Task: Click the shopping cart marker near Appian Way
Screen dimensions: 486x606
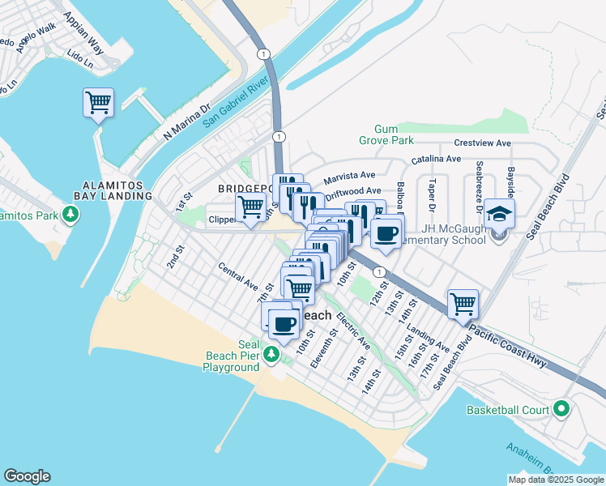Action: [98, 103]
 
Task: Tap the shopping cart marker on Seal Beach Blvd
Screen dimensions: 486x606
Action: [462, 305]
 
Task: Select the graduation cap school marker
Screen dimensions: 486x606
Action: [500, 215]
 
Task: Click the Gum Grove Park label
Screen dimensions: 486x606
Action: [393, 135]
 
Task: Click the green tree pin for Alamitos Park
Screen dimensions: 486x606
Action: [72, 214]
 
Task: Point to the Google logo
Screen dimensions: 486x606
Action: [27, 476]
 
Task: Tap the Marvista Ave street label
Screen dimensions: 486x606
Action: [349, 176]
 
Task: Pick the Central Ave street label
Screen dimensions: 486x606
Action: [237, 277]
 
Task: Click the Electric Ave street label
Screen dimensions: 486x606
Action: [353, 331]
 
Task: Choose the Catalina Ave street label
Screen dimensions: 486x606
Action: [436, 160]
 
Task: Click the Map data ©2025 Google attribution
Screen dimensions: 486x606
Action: [554, 479]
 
